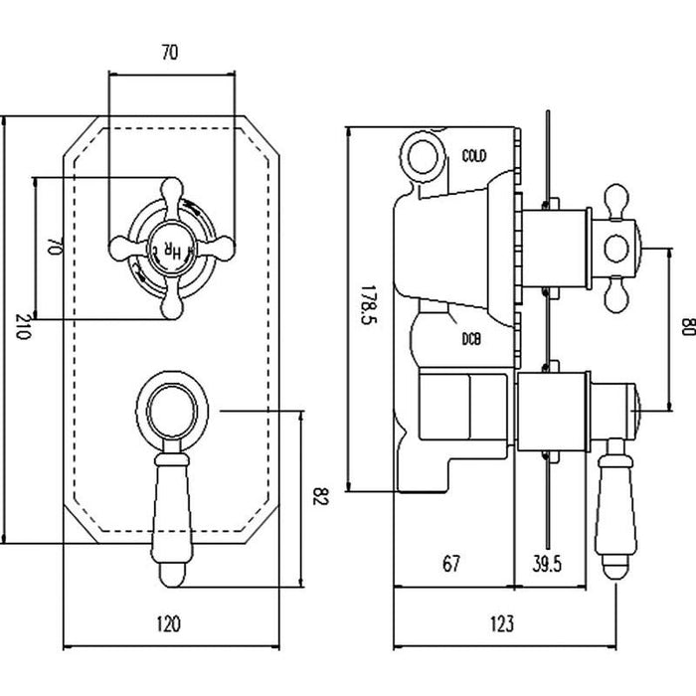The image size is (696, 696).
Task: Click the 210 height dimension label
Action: [x=23, y=329]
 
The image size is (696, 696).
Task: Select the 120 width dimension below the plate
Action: [x=169, y=624]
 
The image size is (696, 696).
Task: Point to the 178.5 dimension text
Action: [x=366, y=310]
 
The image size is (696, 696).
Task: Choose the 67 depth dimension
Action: [x=450, y=564]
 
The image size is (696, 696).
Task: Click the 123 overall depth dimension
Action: [x=503, y=624]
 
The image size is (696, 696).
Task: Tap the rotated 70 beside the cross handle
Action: [x=56, y=249]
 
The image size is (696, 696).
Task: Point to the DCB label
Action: [x=471, y=340]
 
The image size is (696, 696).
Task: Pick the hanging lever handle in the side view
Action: [x=616, y=507]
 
